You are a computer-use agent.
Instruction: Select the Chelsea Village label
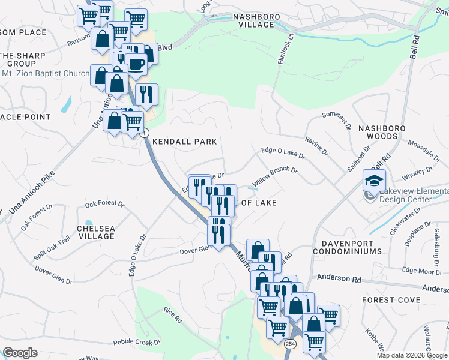point(96,232)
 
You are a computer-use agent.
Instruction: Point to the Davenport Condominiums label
point(351,247)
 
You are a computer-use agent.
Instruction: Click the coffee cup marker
point(136,64)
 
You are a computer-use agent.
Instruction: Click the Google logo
point(20,352)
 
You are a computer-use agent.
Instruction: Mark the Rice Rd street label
point(173,315)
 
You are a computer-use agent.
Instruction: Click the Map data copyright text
point(411,355)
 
